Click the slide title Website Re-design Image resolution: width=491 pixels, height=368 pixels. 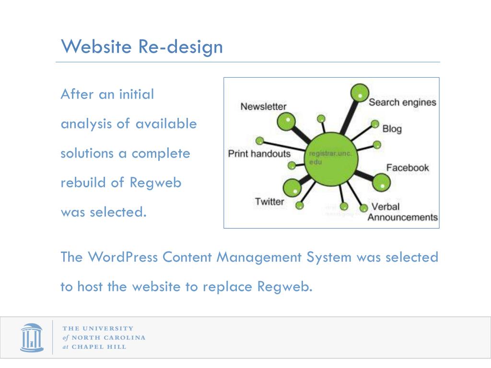pyautogui.click(x=142, y=47)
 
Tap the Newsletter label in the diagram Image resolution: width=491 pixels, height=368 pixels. pyautogui.click(x=263, y=106)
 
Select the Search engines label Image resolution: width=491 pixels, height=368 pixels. pyautogui.click(x=402, y=102)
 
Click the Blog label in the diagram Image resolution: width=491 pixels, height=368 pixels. pyautogui.click(x=392, y=129)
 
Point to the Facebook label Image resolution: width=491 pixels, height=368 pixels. pyautogui.click(x=408, y=168)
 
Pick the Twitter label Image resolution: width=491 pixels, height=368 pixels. pyautogui.click(x=269, y=201)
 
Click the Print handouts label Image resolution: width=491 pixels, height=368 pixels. pyautogui.click(x=259, y=154)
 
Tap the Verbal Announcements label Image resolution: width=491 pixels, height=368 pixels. pyautogui.click(x=402, y=212)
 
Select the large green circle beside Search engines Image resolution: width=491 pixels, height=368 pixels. pyautogui.click(x=359, y=93)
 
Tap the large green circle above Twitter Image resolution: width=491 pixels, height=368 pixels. pyautogui.click(x=292, y=188)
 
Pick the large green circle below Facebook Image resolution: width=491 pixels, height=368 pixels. pyautogui.click(x=381, y=182)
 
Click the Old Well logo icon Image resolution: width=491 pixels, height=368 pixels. pyautogui.click(x=32, y=337)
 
